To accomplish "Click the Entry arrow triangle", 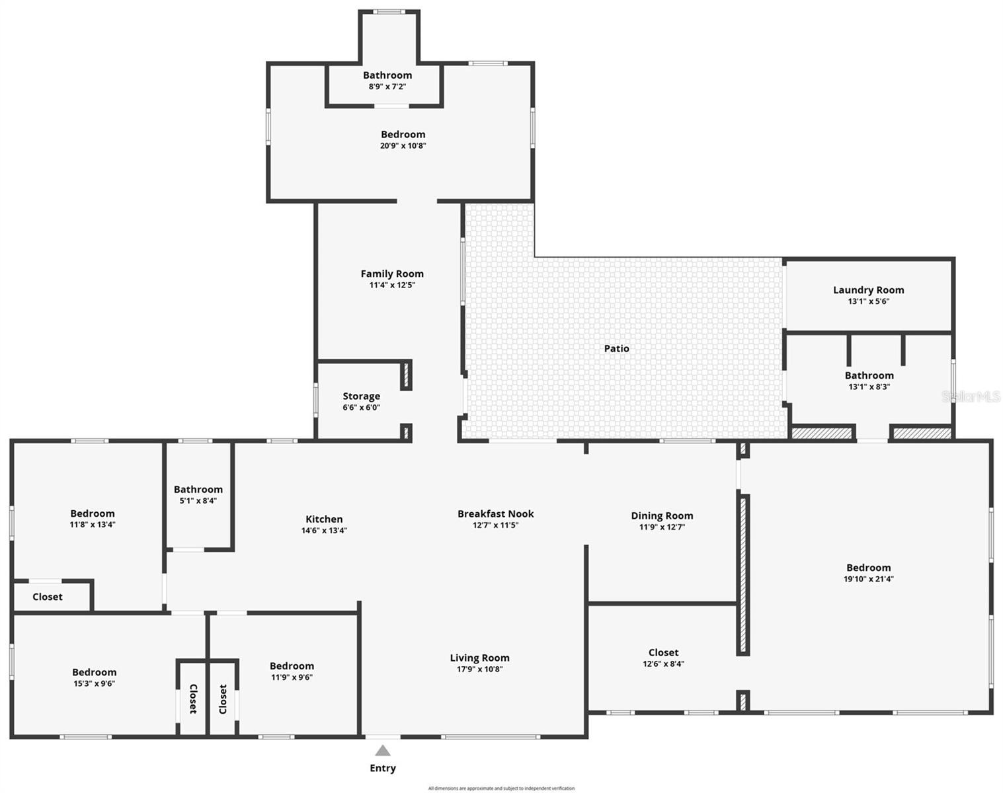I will click(x=383, y=751).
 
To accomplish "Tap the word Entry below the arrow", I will click(x=383, y=768).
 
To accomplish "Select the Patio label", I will click(x=616, y=348).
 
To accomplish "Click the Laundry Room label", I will click(x=868, y=289).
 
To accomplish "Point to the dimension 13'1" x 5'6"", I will click(x=868, y=301).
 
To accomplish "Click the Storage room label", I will click(x=361, y=396).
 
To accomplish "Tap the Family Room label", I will click(x=392, y=274).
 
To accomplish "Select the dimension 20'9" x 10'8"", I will click(x=403, y=146).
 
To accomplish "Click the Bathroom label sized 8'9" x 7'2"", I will click(x=387, y=75).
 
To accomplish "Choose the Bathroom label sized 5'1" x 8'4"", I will click(x=198, y=489).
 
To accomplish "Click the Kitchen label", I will click(x=324, y=519).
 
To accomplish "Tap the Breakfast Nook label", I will click(x=495, y=513).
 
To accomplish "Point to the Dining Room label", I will click(x=662, y=515).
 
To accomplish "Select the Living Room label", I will click(x=479, y=658).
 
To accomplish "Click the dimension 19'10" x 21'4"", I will click(x=868, y=579).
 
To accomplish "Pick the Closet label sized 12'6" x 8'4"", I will click(x=663, y=652).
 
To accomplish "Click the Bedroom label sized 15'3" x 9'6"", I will click(x=95, y=672).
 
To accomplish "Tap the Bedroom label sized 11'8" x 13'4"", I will click(x=93, y=513).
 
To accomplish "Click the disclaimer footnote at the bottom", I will click(x=501, y=788).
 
